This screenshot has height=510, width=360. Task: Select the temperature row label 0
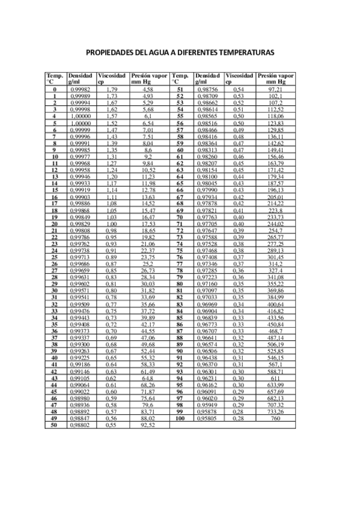[54, 89]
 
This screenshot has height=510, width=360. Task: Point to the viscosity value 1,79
[111, 89]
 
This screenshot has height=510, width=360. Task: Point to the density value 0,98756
[207, 89]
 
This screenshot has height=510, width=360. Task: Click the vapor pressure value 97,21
[275, 89]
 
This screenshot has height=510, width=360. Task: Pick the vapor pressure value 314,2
[275, 263]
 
